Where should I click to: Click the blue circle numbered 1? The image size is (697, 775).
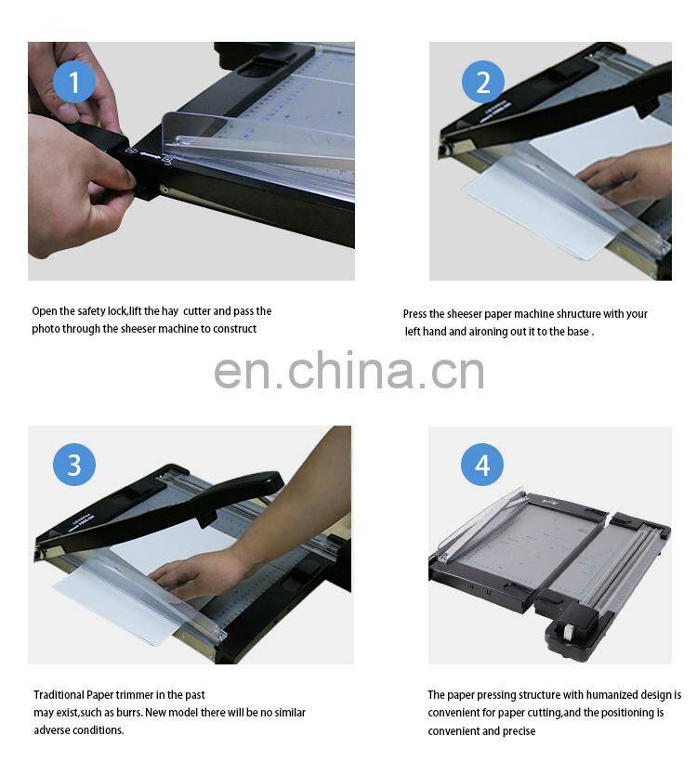(x=74, y=83)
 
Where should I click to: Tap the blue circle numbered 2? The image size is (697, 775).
(x=482, y=83)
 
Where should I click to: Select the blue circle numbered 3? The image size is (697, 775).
(x=74, y=465)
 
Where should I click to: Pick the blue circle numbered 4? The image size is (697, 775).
(x=482, y=465)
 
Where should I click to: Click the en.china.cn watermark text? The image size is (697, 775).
(x=348, y=371)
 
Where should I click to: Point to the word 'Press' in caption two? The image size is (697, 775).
(x=416, y=314)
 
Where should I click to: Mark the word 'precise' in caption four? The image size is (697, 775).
(x=519, y=731)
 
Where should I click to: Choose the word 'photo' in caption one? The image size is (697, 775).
(x=46, y=329)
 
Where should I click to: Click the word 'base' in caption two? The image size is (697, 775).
(x=577, y=332)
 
